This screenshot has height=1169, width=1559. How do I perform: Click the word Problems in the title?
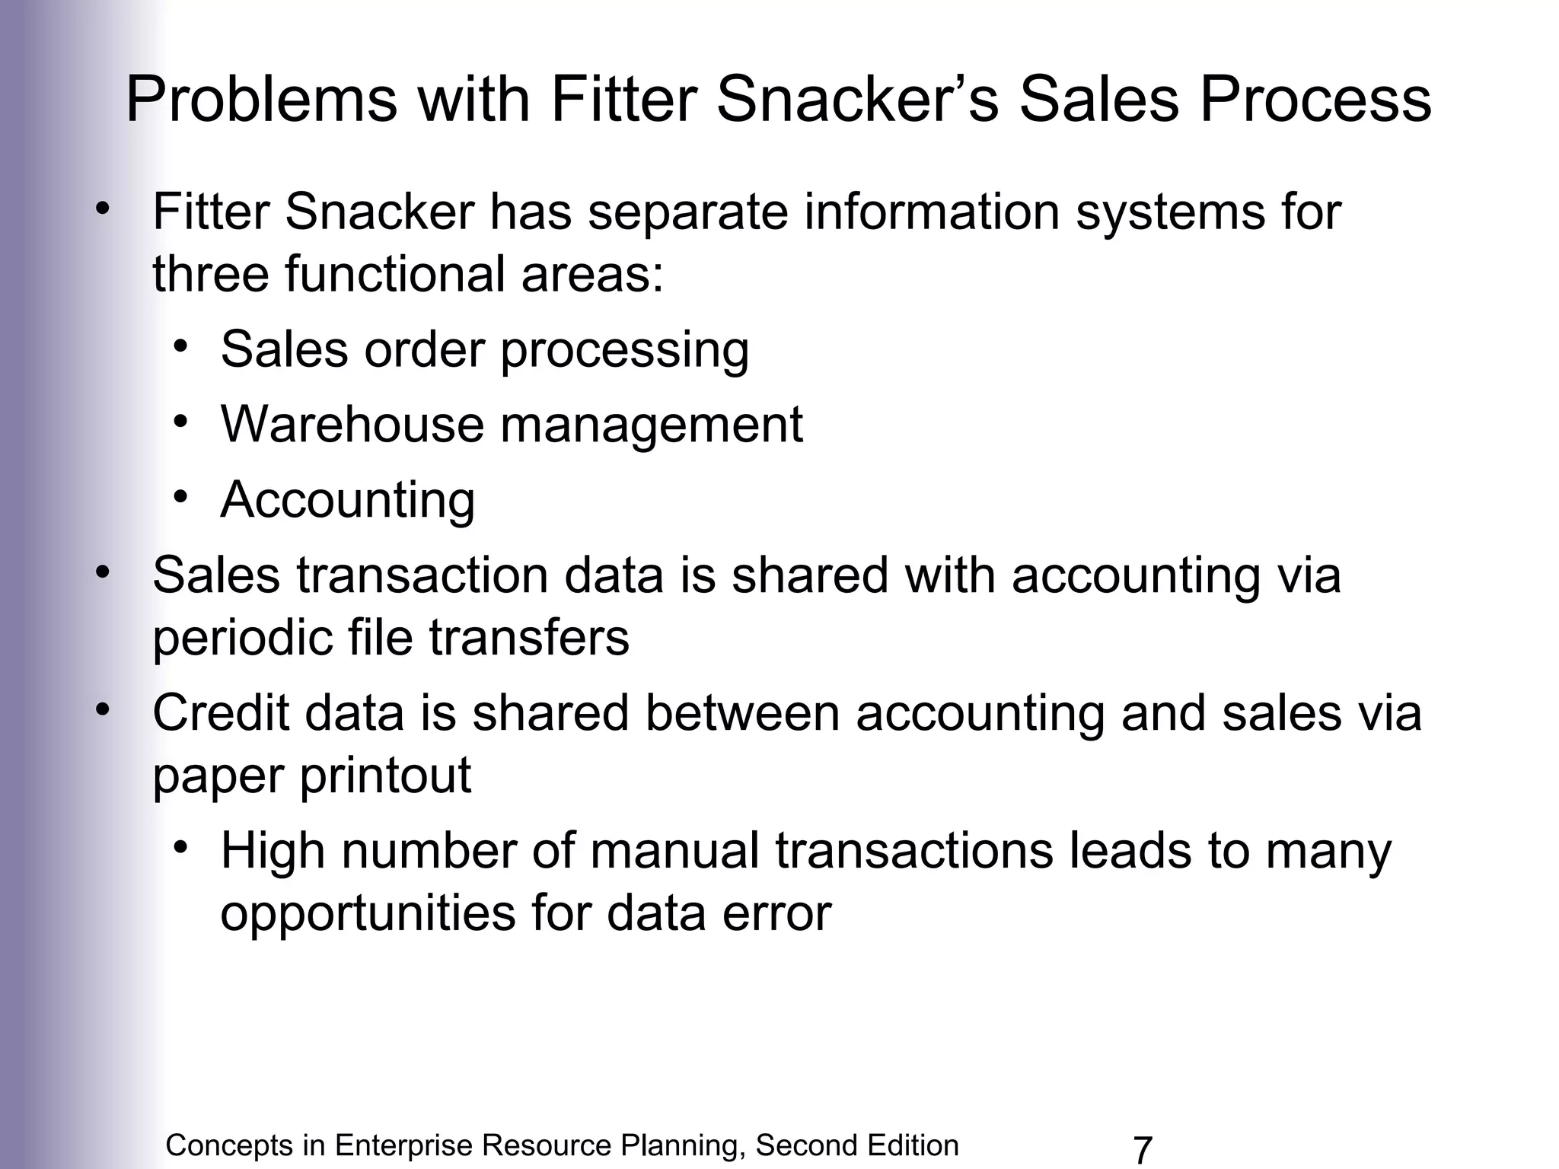pyautogui.click(x=261, y=100)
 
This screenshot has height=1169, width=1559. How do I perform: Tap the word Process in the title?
pyautogui.click(x=1316, y=100)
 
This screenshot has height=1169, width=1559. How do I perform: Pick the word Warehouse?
pyautogui.click(x=352, y=424)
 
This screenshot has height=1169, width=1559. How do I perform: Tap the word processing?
pyautogui.click(x=625, y=350)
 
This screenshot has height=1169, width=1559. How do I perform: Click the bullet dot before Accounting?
pyautogui.click(x=180, y=497)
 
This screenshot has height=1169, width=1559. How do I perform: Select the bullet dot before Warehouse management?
pyautogui.click(x=180, y=422)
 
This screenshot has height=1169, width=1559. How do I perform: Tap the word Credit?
pyautogui.click(x=222, y=713)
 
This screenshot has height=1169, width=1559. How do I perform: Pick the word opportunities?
pyautogui.click(x=368, y=913)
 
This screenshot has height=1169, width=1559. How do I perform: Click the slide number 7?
pyautogui.click(x=1143, y=1150)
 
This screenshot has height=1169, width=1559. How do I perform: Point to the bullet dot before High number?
pyautogui.click(x=180, y=848)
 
